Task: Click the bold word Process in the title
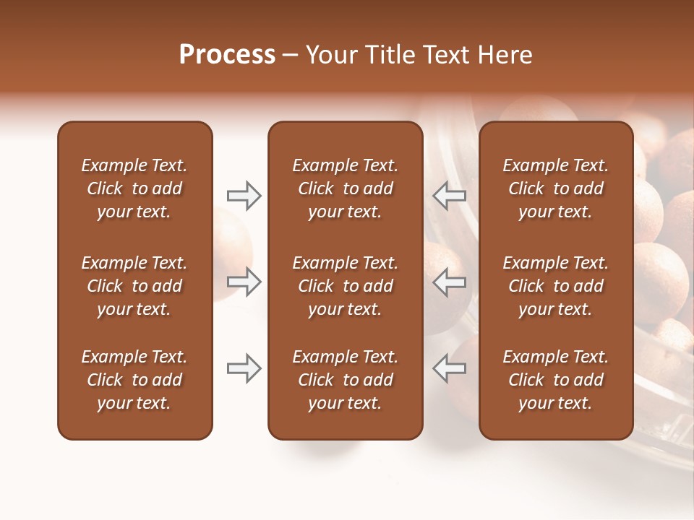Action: coord(227,55)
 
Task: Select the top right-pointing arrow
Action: coord(244,196)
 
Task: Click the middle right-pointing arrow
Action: coord(244,282)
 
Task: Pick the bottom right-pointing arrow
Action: coord(244,368)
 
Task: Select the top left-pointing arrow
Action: coord(450,196)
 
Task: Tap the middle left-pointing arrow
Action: coord(450,282)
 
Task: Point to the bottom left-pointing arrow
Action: coord(450,368)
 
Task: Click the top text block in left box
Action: coord(134,188)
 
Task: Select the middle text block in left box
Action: coord(134,286)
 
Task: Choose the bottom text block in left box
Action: coord(134,380)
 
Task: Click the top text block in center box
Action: coord(345,188)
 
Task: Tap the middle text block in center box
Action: coord(345,286)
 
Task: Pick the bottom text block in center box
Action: coord(345,380)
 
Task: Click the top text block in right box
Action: coord(555,188)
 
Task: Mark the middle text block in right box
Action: coord(555,286)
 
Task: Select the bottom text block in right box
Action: coord(555,380)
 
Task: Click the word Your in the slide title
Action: coord(332,55)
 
